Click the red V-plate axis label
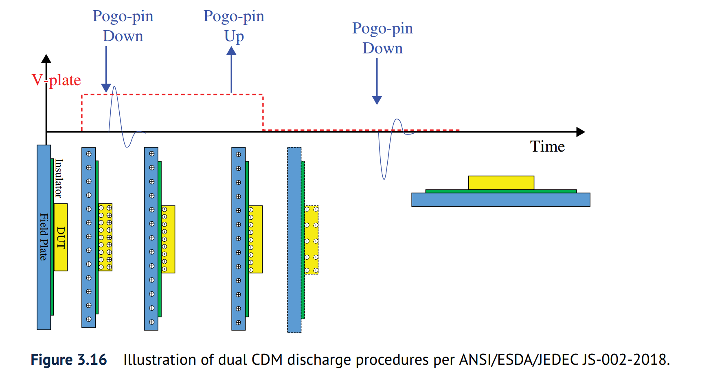click(57, 80)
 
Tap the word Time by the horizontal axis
click(547, 146)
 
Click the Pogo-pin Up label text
click(234, 26)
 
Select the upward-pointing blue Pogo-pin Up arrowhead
click(231, 51)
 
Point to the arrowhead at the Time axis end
click(581, 132)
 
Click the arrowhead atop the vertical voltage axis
click(46, 59)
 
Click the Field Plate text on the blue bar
click(44, 237)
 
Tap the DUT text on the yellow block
click(61, 238)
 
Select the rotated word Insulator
click(59, 178)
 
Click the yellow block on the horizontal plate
click(501, 183)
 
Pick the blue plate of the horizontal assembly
click(500, 200)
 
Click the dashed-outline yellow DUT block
click(312, 240)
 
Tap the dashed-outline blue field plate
click(294, 240)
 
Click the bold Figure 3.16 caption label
click(69, 360)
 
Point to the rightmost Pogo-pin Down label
click(382, 38)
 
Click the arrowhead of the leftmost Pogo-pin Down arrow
click(106, 88)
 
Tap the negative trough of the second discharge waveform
click(384, 177)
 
